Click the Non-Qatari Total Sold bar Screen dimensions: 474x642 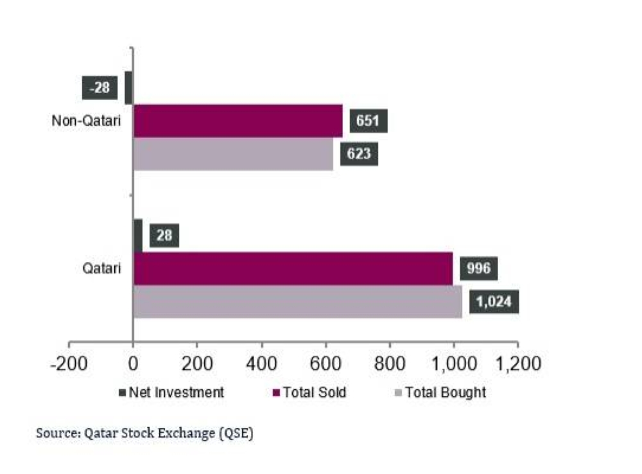point(238,121)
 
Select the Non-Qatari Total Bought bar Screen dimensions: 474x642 point(233,154)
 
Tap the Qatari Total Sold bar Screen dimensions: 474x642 point(292,268)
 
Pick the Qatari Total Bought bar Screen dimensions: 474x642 point(297,301)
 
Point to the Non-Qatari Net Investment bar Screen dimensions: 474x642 point(128,87)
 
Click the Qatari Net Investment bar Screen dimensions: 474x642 point(138,235)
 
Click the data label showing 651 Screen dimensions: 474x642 point(369,121)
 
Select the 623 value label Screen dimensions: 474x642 point(359,154)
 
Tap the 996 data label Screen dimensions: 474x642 point(478,268)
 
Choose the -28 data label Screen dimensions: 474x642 point(100,88)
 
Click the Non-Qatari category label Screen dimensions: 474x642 point(86,121)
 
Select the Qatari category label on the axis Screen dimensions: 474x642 point(103,268)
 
